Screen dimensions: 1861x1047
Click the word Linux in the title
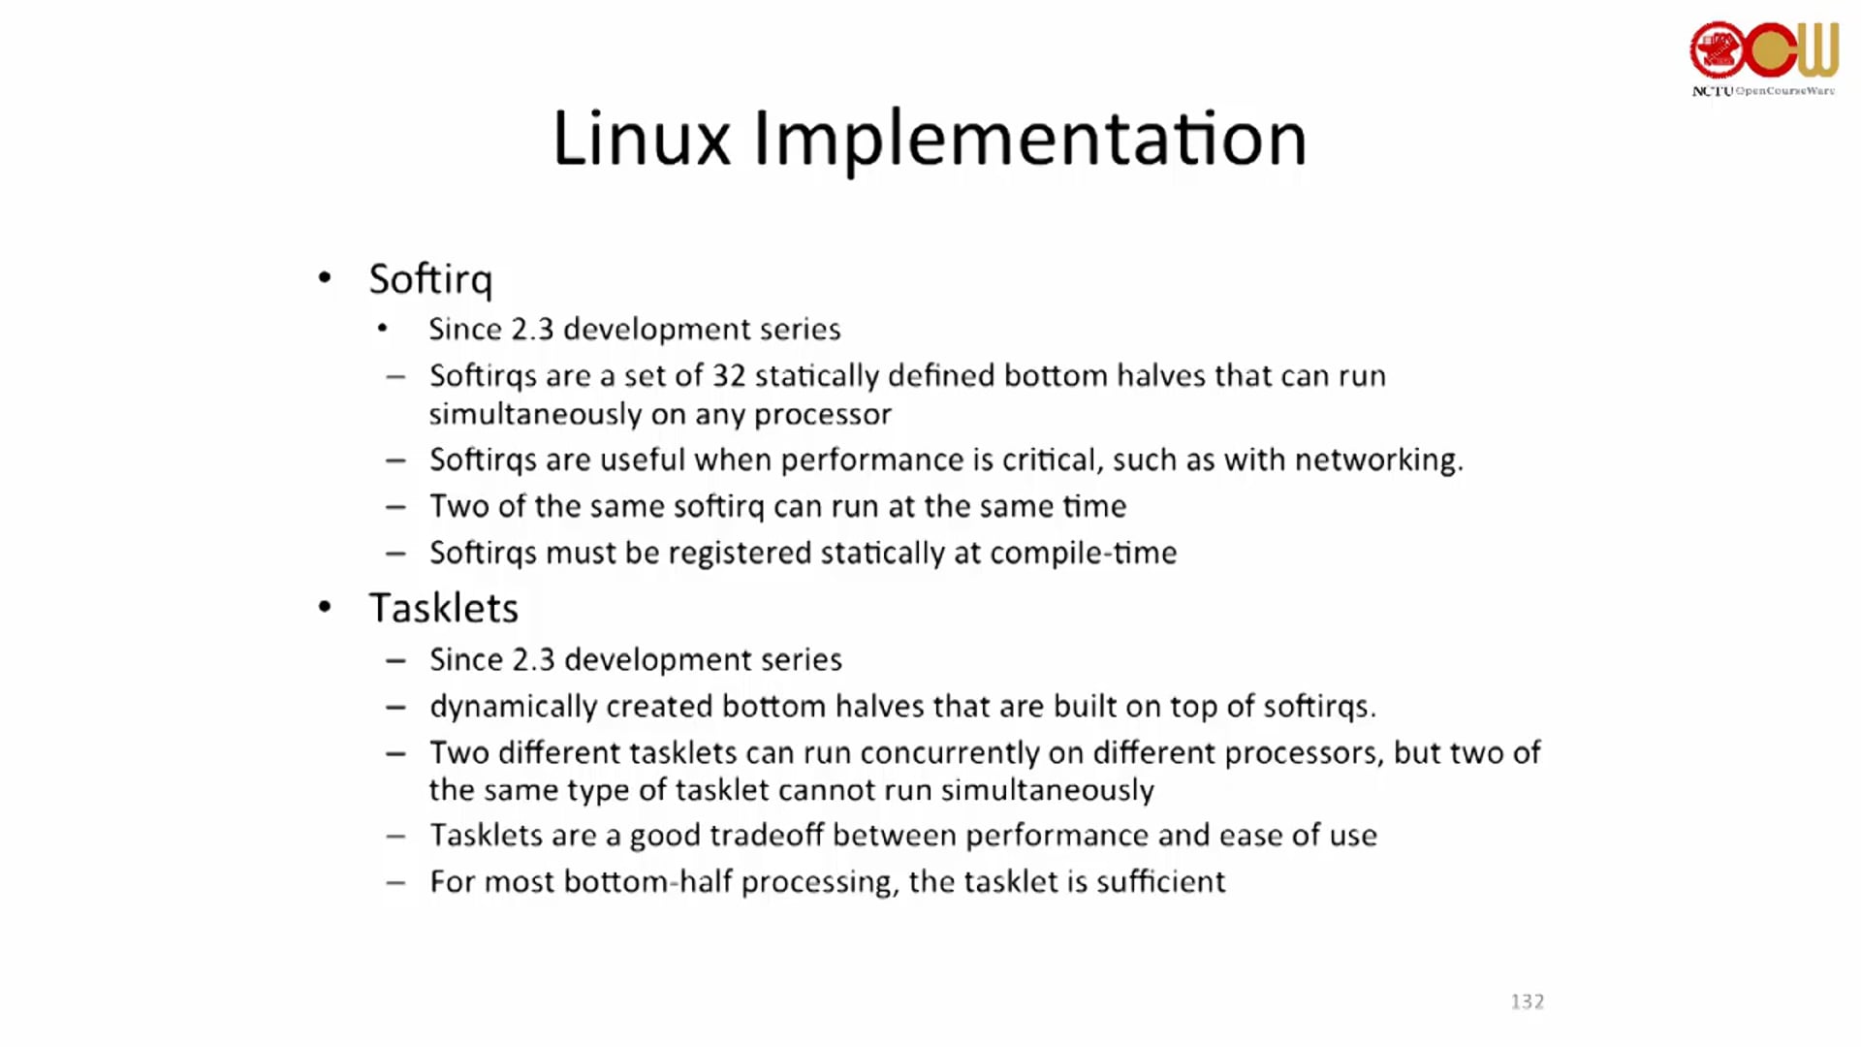tap(642, 138)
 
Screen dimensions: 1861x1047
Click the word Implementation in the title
tap(1030, 142)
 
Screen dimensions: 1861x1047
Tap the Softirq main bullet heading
tap(430, 280)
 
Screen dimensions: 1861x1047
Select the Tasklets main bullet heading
tap(444, 608)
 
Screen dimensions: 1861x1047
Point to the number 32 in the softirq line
tap(729, 375)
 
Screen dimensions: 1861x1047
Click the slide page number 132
tap(1528, 1001)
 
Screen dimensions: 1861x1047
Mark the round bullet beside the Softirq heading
tap(325, 279)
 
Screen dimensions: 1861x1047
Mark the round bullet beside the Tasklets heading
tap(325, 608)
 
